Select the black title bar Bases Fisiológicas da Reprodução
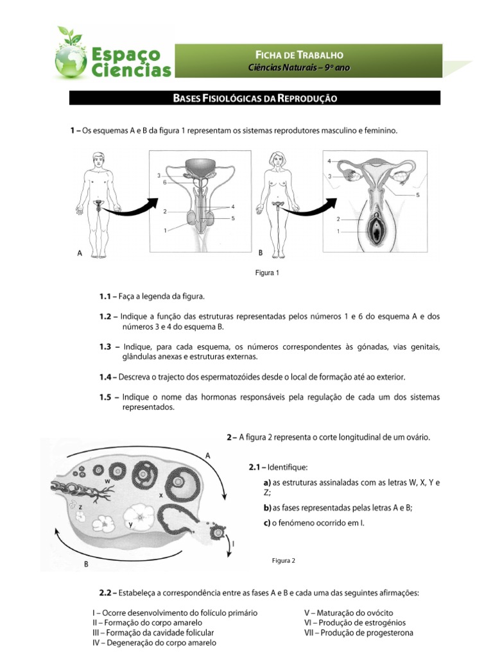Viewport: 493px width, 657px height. point(255,98)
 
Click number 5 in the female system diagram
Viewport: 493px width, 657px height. point(417,194)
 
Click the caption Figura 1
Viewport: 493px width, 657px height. point(268,273)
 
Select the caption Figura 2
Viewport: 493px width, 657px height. point(284,560)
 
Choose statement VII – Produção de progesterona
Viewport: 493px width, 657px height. point(358,633)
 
